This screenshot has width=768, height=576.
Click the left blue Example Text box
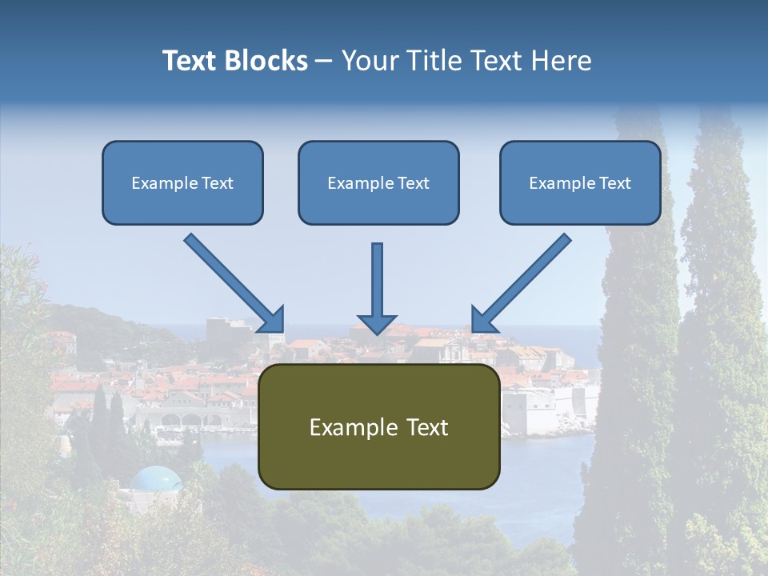click(182, 182)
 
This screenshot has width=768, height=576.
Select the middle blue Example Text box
click(378, 182)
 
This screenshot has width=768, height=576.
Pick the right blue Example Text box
click(580, 182)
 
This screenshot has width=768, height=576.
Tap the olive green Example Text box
click(378, 426)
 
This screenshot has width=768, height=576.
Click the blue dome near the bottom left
click(157, 478)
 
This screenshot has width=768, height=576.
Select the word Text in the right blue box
click(614, 183)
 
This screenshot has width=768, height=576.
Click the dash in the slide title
click(324, 62)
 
